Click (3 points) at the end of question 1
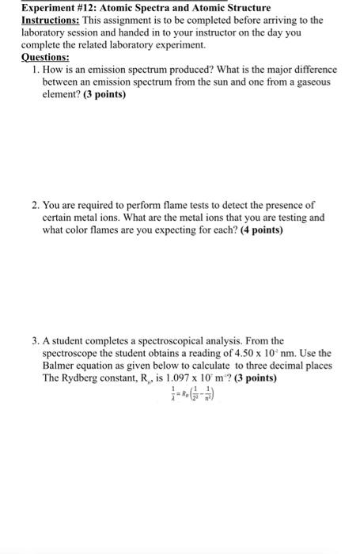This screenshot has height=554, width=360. pos(103,95)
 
